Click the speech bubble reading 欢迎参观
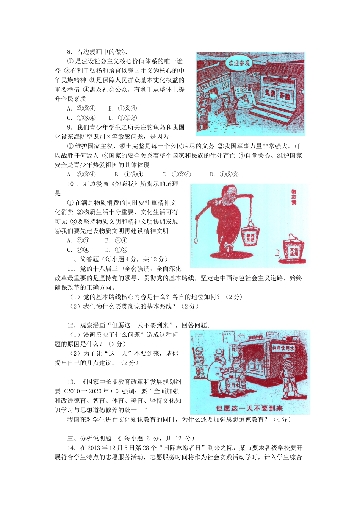pyautogui.click(x=239, y=63)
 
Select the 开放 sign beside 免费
pyautogui.click(x=285, y=95)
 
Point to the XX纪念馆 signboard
pyautogui.click(x=243, y=90)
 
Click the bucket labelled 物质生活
pyautogui.click(x=250, y=237)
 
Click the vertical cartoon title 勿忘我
pyautogui.click(x=294, y=197)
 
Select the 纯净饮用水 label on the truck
pyautogui.click(x=283, y=348)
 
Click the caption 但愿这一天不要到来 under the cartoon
pyautogui.click(x=249, y=408)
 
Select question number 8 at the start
pyautogui.click(x=70, y=52)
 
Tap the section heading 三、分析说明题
pyautogui.click(x=89, y=439)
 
